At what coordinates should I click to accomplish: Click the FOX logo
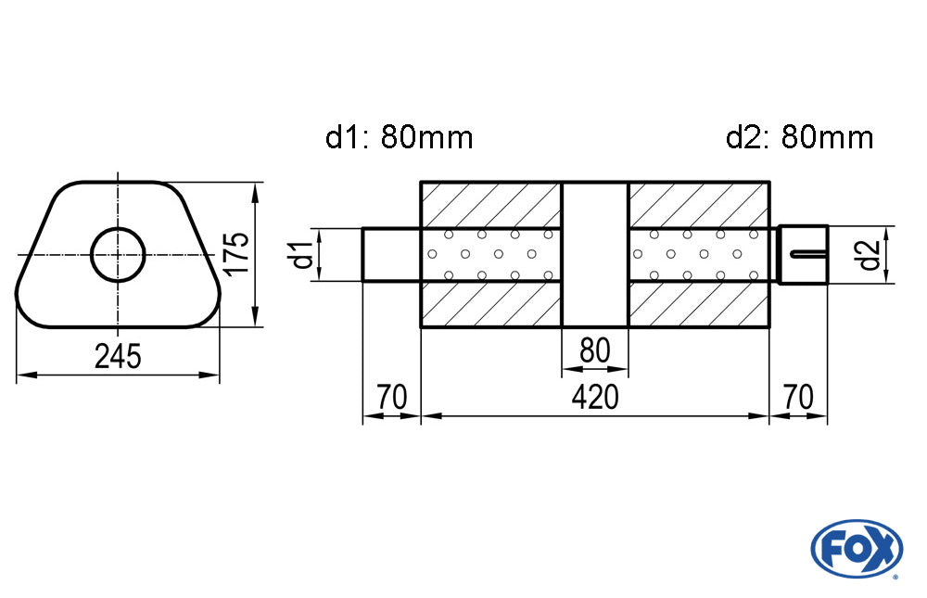coord(857,549)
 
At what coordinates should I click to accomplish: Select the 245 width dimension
coord(118,357)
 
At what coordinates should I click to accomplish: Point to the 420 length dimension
coord(594,398)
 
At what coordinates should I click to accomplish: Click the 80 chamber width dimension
coord(594,351)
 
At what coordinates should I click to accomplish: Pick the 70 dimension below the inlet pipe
coord(391,398)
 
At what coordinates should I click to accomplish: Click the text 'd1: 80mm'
coord(400,138)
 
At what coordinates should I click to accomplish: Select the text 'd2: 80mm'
coord(800,138)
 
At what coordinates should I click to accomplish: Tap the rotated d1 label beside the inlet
coord(299,253)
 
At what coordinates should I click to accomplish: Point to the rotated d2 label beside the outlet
coord(869,253)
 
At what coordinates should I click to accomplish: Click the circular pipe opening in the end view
coord(119,253)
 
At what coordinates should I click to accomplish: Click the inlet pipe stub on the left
coord(390,253)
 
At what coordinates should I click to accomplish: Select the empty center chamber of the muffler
coord(595,253)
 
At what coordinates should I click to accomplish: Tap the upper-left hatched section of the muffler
coord(491,204)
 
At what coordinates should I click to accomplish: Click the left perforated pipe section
coord(491,253)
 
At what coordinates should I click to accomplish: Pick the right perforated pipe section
coord(699,253)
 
